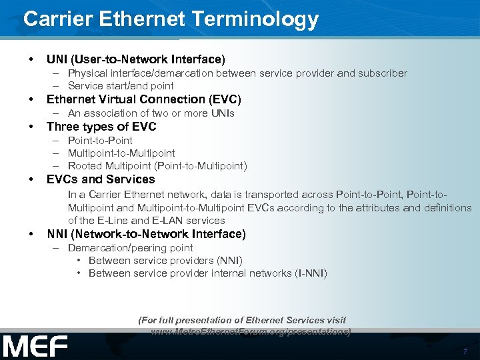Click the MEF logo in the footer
35,346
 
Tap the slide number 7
465,351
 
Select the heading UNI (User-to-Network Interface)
136,59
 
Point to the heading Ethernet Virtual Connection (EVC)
143,99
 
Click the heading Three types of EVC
101,127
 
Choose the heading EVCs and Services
101,179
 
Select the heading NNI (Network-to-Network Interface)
146,234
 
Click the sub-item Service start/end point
121,86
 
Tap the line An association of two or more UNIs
151,113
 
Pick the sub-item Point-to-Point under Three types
100,141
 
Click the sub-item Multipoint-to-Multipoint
121,153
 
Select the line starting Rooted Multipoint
157,166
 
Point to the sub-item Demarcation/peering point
130,247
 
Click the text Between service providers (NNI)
165,260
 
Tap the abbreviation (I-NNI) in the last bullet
311,273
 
